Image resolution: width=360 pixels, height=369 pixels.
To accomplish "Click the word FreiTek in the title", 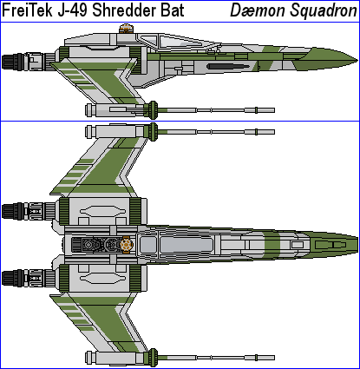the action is (27, 10).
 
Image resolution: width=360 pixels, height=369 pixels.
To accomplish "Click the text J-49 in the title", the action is (72, 10).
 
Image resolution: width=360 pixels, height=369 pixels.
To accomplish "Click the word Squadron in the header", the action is (324, 11).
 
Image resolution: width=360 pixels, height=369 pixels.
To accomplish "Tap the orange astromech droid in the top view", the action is (127, 245).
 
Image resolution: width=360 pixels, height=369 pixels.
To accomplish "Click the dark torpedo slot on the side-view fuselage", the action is (228, 67).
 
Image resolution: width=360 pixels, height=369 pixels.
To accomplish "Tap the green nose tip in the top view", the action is (357, 245).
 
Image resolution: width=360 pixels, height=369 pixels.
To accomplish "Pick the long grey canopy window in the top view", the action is (187, 245).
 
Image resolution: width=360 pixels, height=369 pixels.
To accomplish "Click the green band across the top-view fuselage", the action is (272, 245).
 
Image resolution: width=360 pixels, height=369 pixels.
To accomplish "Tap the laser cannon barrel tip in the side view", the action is (274, 110).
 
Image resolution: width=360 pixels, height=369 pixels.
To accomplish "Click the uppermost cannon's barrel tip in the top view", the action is (274, 132).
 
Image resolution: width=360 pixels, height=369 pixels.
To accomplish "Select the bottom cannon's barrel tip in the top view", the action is (274, 358).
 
